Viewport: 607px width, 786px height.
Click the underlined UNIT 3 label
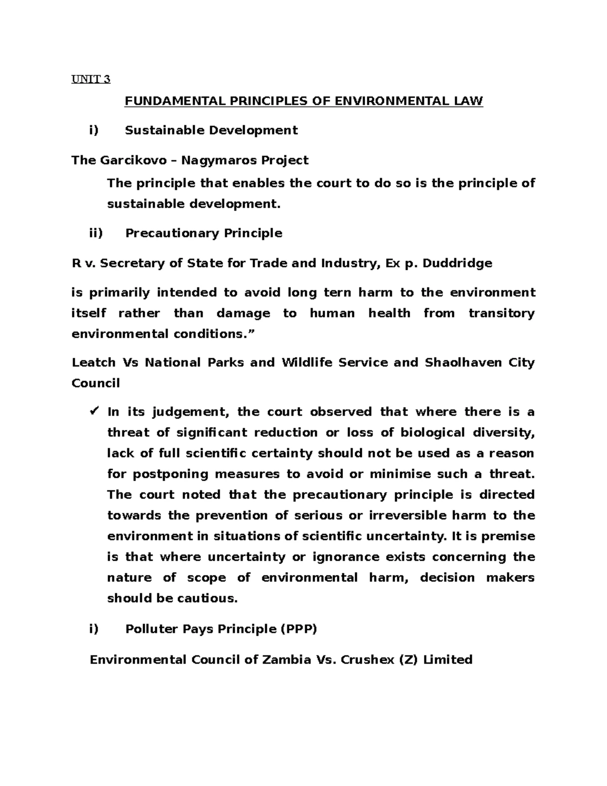coord(91,79)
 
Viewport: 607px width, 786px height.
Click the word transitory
coord(501,313)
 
